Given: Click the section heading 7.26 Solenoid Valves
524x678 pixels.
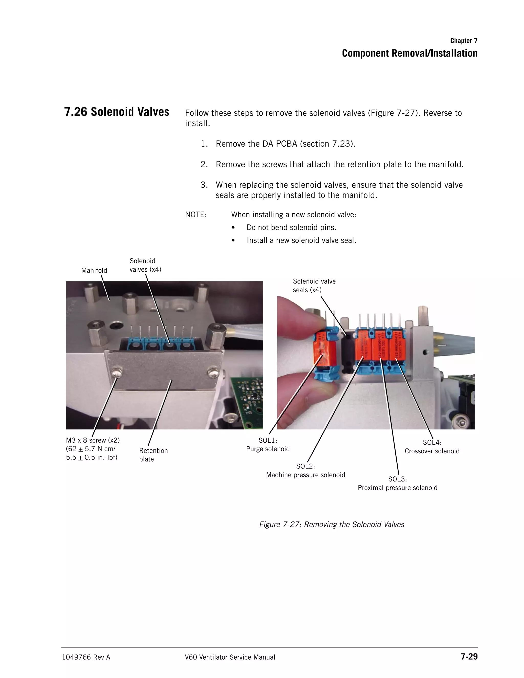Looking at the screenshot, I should (x=117, y=112).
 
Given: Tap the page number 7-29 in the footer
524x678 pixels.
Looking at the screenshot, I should (x=469, y=657).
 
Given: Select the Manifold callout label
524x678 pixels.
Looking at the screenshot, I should (x=94, y=270).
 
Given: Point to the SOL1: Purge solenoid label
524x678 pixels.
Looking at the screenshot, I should (x=268, y=445).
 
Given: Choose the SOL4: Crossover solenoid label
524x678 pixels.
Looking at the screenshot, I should (x=432, y=447).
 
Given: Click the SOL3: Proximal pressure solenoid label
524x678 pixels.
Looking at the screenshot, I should (x=397, y=483).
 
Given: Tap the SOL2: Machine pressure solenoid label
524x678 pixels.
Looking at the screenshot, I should (x=305, y=471).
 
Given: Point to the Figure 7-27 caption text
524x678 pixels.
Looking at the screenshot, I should (x=332, y=524).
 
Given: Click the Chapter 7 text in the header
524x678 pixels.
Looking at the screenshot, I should (x=464, y=41).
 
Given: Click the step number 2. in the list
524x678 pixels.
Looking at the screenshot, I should (x=204, y=164).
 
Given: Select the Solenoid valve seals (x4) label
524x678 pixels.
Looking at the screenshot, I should (x=314, y=285).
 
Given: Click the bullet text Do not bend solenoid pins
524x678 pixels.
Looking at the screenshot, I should (x=291, y=227).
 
